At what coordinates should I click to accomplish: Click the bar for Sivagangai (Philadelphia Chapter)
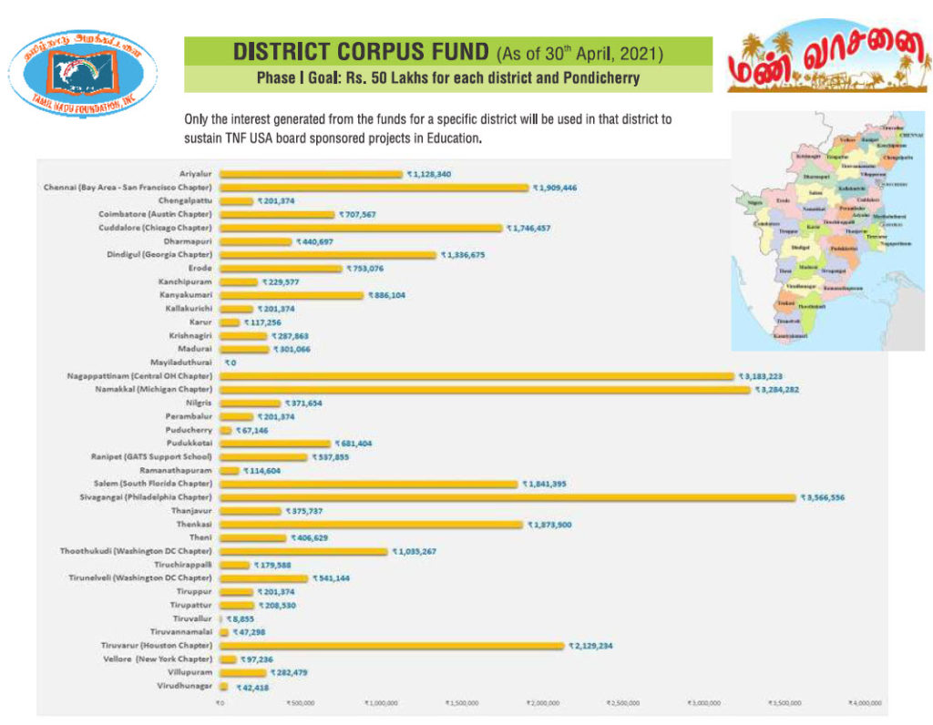(508, 497)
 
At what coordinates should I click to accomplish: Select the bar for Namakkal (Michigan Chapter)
(485, 389)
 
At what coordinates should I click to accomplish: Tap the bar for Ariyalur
(311, 174)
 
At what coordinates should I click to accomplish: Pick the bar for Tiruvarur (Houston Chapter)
(392, 646)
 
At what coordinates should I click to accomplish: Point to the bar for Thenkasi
(371, 525)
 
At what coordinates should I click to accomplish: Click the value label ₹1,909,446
(561, 188)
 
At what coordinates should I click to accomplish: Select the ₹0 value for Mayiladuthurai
(230, 362)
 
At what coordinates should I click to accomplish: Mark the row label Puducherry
(189, 430)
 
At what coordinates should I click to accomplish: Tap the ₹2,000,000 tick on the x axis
(541, 703)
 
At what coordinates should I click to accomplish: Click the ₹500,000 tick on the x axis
(300, 703)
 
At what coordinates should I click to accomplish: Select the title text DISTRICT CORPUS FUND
(363, 52)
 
